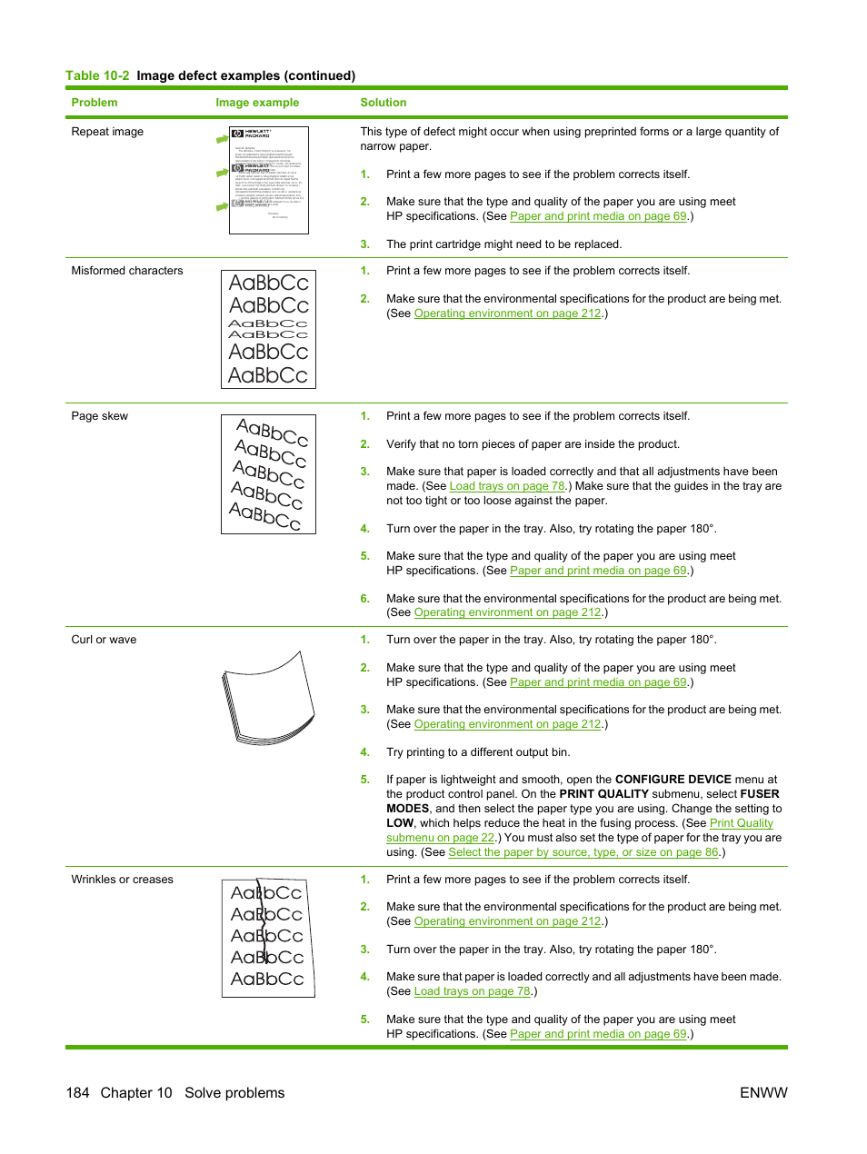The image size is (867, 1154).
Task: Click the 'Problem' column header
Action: coord(95,103)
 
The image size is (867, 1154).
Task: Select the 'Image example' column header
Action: coord(257,103)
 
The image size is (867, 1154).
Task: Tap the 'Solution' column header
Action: coord(383,103)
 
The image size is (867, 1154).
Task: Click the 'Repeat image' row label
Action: coord(107,132)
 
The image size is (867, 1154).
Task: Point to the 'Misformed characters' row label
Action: coord(126,271)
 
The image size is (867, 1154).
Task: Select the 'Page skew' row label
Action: coord(99,416)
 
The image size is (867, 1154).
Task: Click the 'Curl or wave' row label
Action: coord(104,640)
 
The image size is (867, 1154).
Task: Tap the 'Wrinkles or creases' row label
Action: coord(122,880)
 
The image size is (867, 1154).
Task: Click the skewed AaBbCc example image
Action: coord(268,474)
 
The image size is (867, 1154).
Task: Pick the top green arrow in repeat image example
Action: coord(222,139)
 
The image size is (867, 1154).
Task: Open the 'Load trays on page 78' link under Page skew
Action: coord(507,486)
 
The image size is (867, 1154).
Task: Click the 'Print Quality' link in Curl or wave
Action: coord(741,823)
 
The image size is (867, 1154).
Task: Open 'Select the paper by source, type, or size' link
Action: coord(583,852)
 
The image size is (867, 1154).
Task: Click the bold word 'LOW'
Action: coord(400,823)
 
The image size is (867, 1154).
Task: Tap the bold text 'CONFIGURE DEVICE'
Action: coord(673,780)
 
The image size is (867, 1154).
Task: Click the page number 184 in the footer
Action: coord(77,1093)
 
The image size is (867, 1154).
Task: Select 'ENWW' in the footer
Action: coord(763,1093)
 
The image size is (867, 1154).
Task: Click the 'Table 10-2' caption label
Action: coord(97,76)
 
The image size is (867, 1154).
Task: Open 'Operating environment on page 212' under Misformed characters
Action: coord(507,313)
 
